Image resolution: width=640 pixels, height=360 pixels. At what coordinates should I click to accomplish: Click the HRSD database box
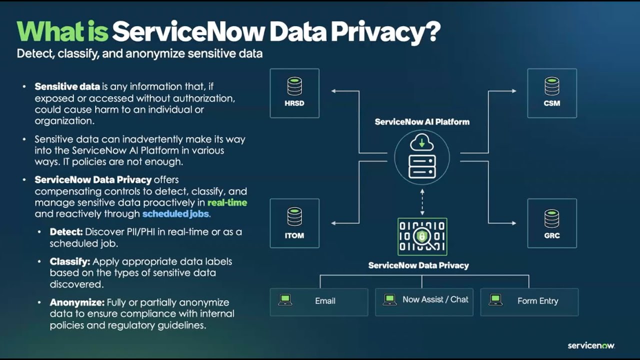click(x=294, y=93)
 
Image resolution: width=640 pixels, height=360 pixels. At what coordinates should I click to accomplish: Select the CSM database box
click(x=552, y=93)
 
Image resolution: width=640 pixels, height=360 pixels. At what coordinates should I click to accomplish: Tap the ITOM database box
click(x=294, y=223)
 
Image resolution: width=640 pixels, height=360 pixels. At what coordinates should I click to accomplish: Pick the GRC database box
click(x=552, y=223)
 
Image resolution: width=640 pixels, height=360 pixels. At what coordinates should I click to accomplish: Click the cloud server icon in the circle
click(x=422, y=157)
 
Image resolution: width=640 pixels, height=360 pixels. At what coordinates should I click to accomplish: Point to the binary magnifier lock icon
click(x=422, y=236)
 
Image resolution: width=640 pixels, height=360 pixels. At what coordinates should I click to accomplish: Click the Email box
click(x=319, y=301)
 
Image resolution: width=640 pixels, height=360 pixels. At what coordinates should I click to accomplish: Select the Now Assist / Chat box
click(x=424, y=301)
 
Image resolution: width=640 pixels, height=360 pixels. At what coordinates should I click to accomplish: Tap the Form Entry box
click(x=529, y=301)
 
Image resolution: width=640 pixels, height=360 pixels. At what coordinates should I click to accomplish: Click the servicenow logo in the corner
click(x=591, y=345)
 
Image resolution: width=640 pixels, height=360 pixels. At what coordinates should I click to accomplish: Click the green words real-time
click(x=227, y=202)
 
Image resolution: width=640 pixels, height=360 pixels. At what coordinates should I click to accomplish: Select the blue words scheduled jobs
click(x=175, y=214)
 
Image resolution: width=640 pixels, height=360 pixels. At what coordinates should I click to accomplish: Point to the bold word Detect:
click(x=66, y=232)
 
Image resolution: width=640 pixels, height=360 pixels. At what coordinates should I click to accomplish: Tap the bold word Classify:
click(x=69, y=261)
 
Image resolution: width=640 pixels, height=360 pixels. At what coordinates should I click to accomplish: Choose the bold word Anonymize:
click(x=76, y=302)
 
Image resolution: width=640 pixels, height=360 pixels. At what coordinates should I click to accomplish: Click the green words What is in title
click(x=62, y=32)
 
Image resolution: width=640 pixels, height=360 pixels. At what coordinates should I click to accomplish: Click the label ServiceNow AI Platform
click(x=422, y=122)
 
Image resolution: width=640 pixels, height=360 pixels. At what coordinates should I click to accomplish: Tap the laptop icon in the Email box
click(x=285, y=300)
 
